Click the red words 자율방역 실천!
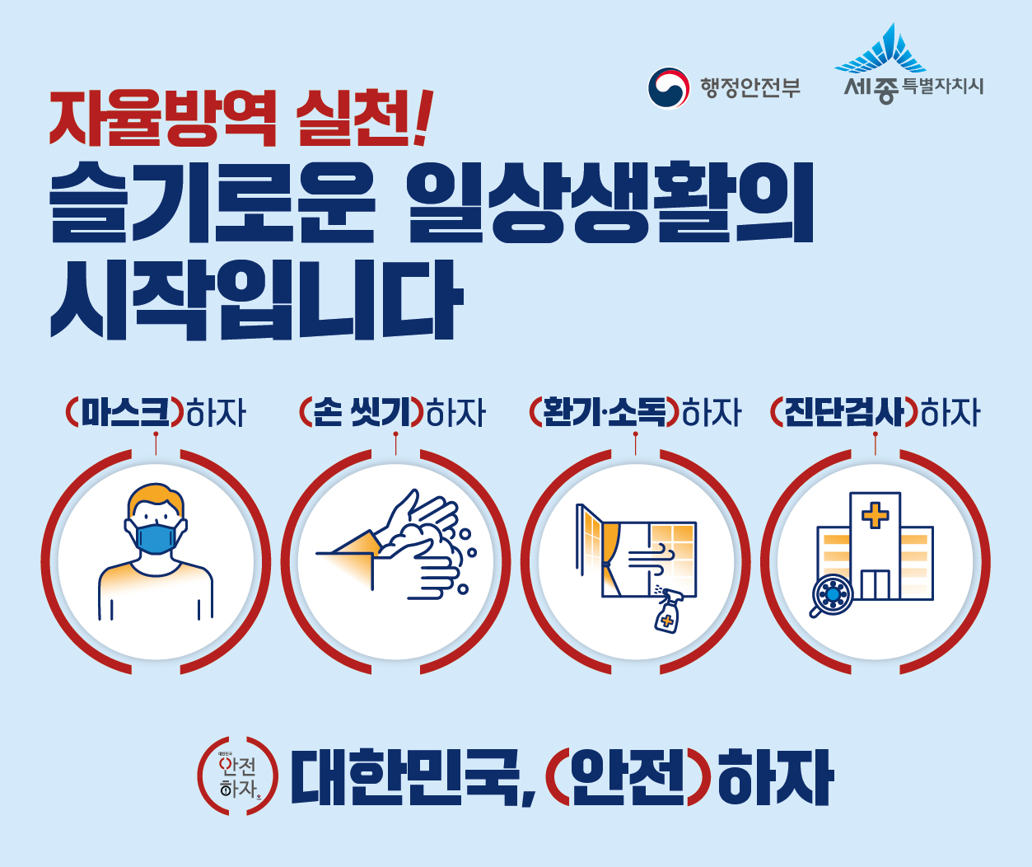click(239, 117)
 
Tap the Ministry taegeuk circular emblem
click(668, 87)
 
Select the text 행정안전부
click(750, 87)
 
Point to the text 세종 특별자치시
click(913, 87)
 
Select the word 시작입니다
click(256, 298)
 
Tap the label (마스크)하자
click(156, 412)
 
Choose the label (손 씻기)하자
click(393, 412)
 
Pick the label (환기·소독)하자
click(635, 412)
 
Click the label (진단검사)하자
click(875, 412)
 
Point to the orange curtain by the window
click(609, 544)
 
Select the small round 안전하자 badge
click(238, 776)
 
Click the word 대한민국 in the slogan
click(408, 777)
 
